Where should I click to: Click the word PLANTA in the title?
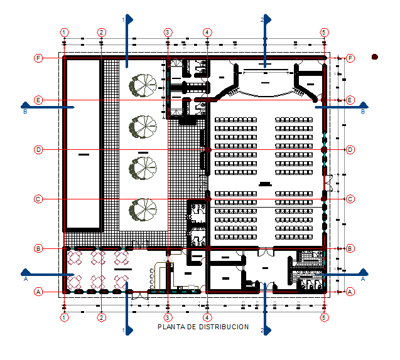[169, 327]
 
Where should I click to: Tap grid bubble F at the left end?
[38, 58]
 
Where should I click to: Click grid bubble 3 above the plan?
[168, 32]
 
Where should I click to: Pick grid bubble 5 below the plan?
[324, 318]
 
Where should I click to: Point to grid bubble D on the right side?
[350, 150]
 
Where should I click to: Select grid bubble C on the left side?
[38, 199]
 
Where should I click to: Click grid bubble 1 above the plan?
[64, 32]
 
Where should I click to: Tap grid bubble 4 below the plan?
[207, 318]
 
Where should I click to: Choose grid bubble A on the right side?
[350, 292]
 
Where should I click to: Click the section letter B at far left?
[25, 112]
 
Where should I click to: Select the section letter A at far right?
[364, 279]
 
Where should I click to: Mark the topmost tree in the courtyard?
[143, 84]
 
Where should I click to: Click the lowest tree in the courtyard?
[143, 210]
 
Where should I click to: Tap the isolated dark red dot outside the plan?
[375, 57]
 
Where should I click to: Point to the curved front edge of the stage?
[264, 95]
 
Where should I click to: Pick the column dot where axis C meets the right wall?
[324, 199]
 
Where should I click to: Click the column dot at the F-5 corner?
[324, 58]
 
